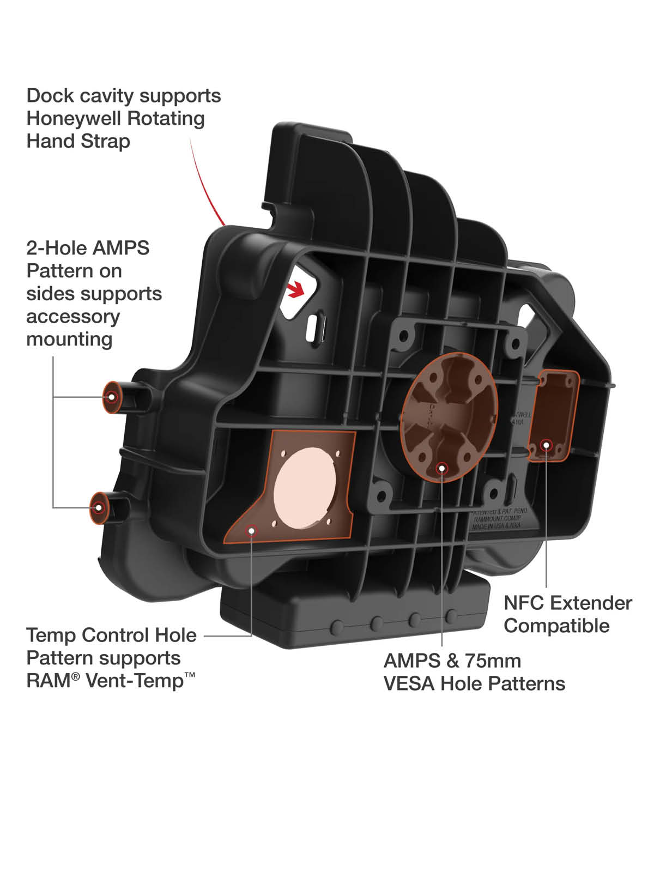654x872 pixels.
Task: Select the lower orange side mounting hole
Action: click(x=99, y=507)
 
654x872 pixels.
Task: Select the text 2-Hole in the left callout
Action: click(x=56, y=248)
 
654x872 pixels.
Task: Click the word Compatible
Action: click(x=556, y=626)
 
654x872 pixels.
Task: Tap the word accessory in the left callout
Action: click(x=72, y=316)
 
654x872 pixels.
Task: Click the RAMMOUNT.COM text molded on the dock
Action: click(x=497, y=519)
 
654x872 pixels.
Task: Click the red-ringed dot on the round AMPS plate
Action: click(x=443, y=467)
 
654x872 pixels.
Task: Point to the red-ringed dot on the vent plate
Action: click(x=252, y=530)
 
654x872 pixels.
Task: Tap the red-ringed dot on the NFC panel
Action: click(x=546, y=445)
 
